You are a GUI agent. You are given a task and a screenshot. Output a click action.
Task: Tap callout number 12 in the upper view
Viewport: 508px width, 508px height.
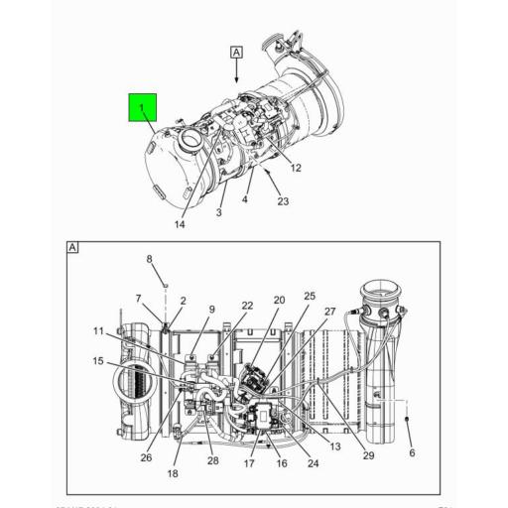pos(296,167)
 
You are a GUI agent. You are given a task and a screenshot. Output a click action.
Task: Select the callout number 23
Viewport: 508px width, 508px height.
pos(283,202)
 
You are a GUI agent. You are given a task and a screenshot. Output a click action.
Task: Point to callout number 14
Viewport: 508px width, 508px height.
pos(179,225)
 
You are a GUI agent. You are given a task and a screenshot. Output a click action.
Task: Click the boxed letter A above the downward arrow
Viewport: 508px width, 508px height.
pos(236,51)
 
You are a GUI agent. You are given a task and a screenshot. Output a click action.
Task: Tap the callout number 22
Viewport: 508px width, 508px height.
pos(247,306)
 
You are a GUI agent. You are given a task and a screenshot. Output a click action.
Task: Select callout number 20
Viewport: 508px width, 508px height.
pos(279,300)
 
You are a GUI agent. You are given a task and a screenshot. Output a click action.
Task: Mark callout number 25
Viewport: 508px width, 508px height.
pos(310,296)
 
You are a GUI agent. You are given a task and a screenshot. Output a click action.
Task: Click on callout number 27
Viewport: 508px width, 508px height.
pos(330,312)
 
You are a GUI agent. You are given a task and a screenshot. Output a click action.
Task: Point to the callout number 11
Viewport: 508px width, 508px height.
pos(99,331)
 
